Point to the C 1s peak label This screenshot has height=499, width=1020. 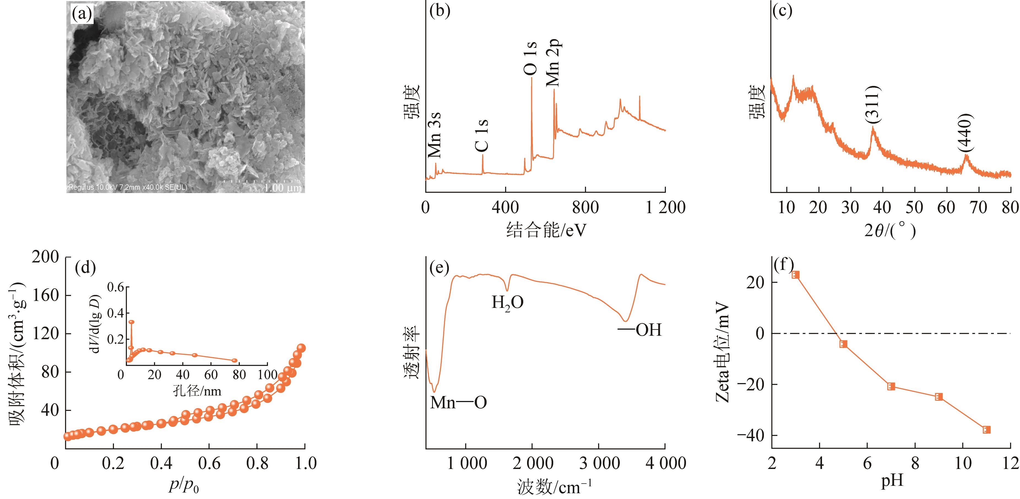[481, 136]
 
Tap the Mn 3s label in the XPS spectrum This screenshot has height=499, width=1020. [434, 135]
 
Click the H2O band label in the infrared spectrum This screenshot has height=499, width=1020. [507, 303]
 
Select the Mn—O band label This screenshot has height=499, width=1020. [458, 402]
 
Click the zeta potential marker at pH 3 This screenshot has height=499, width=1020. [796, 275]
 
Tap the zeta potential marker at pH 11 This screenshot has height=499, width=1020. [986, 430]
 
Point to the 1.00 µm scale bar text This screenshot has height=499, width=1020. [283, 187]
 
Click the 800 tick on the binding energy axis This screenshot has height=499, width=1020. [585, 207]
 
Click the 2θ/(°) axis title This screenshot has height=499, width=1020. [890, 230]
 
